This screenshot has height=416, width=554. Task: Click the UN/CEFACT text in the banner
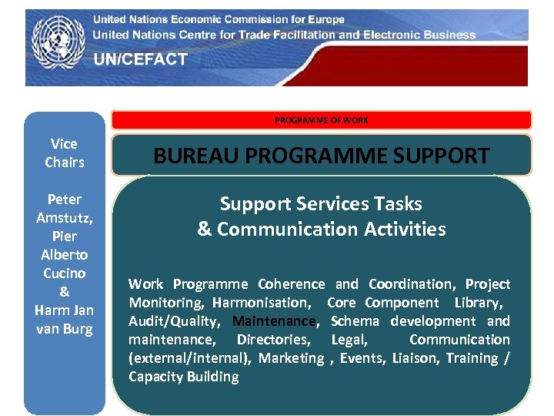pyautogui.click(x=141, y=59)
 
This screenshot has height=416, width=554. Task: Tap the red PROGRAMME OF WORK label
pyautogui.click(x=322, y=120)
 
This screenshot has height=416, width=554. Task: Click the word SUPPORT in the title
pyautogui.click(x=442, y=156)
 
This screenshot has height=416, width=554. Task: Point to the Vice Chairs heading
pyautogui.click(x=65, y=153)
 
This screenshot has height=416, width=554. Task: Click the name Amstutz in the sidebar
pyautogui.click(x=65, y=218)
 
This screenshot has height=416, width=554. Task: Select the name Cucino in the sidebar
pyautogui.click(x=65, y=273)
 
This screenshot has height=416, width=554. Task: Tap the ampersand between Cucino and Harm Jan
pyautogui.click(x=65, y=292)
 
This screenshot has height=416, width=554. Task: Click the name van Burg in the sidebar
pyautogui.click(x=65, y=329)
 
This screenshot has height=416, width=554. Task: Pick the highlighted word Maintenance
pyautogui.click(x=274, y=321)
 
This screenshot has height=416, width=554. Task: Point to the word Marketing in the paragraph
pyautogui.click(x=291, y=358)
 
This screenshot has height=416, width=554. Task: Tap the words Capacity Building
pyautogui.click(x=184, y=377)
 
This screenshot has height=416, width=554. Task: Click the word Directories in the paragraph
pyautogui.click(x=273, y=340)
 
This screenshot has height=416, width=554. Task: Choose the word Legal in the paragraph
pyautogui.click(x=349, y=340)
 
